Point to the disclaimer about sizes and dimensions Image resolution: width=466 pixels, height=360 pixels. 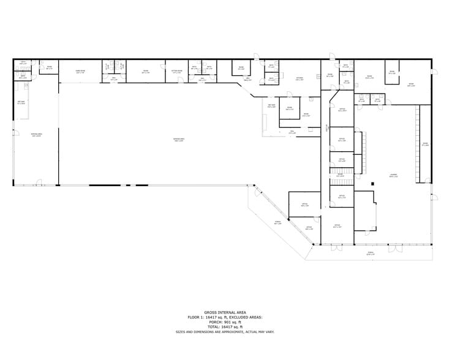pos(232,331)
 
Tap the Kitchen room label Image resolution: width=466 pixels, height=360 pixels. pos(300,79)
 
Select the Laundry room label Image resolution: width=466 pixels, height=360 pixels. pos(393,175)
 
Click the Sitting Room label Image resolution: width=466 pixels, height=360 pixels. pos(176,72)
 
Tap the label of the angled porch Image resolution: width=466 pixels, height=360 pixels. pos(277,223)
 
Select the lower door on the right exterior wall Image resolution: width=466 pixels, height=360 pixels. pos(434,197)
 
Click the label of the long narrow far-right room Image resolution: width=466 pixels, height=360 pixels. pos(424,144)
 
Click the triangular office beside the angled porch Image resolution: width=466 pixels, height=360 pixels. pos(308,228)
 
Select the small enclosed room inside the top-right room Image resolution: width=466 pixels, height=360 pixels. pos(393,73)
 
